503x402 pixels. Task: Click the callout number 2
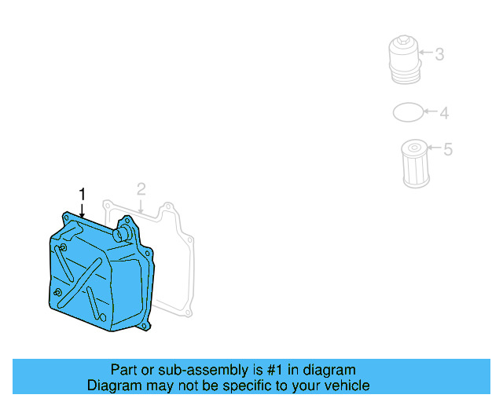click(x=141, y=189)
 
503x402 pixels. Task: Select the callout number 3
click(x=439, y=54)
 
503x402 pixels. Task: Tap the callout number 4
click(x=444, y=114)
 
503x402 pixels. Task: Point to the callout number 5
click(x=448, y=149)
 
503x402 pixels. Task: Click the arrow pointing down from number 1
click(x=81, y=210)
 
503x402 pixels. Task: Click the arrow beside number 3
click(x=425, y=54)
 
